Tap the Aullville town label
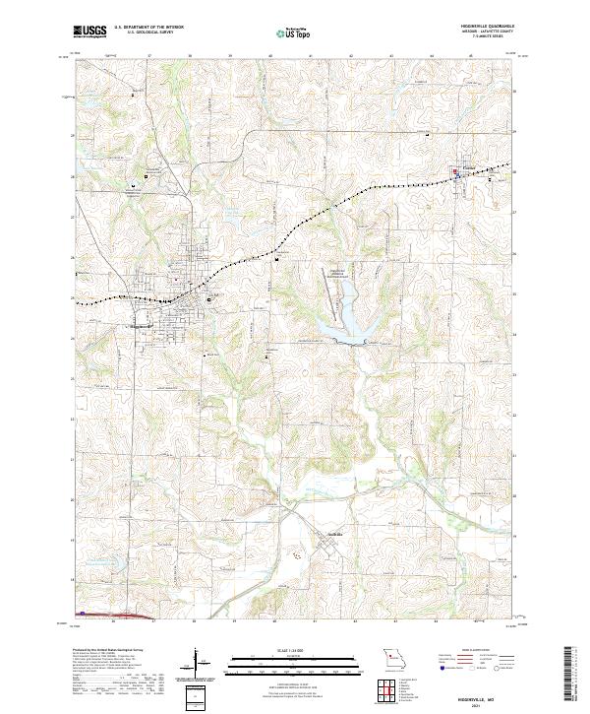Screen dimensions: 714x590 pos(335,537)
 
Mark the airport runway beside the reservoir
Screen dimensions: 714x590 pos(328,286)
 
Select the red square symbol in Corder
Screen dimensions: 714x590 pos(454,172)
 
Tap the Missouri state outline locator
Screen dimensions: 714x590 pos(394,658)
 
